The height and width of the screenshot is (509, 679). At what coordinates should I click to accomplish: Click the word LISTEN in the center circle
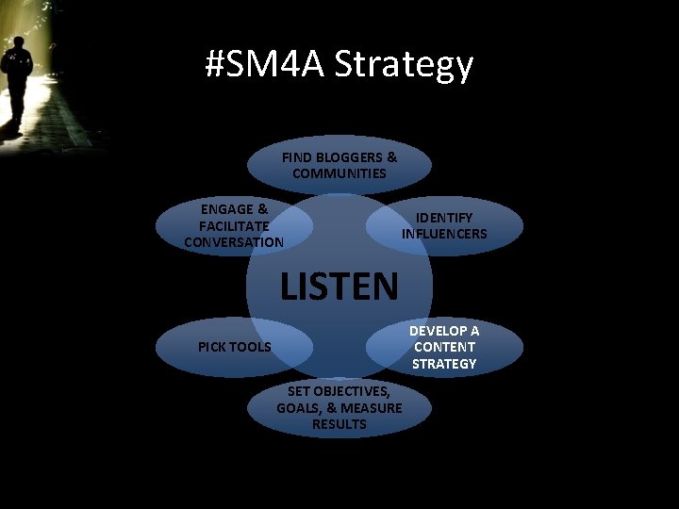(339, 286)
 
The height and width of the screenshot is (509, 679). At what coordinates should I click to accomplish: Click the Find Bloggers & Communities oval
(339, 166)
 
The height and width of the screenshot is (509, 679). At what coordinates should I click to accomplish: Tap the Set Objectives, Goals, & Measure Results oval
(339, 407)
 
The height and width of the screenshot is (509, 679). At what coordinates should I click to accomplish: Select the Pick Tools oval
(234, 347)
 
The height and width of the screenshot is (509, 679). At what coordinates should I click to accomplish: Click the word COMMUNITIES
(339, 173)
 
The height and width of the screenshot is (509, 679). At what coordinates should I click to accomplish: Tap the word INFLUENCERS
(444, 234)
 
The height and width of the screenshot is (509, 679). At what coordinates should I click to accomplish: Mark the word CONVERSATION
(234, 242)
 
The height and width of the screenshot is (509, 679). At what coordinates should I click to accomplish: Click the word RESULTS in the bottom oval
(339, 424)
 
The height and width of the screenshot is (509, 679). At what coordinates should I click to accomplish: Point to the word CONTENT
(444, 347)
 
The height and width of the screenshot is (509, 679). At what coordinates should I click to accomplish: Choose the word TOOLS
(252, 347)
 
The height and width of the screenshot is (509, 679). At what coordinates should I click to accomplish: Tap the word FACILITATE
(234, 226)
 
